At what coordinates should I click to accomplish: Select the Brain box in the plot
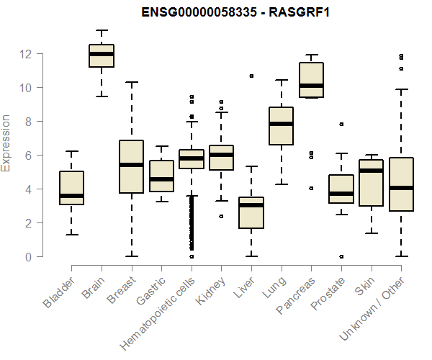[102, 56]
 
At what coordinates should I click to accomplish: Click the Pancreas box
[312, 79]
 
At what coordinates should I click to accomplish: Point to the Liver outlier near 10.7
[251, 76]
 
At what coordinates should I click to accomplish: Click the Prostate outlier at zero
[341, 256]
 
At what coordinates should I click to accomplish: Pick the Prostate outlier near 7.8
[341, 124]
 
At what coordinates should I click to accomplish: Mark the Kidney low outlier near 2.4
[221, 216]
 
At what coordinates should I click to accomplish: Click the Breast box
[131, 167]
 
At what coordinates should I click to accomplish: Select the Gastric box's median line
[161, 179]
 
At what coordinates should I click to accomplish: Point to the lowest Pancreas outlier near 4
[311, 188]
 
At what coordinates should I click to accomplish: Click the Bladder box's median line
[72, 196]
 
